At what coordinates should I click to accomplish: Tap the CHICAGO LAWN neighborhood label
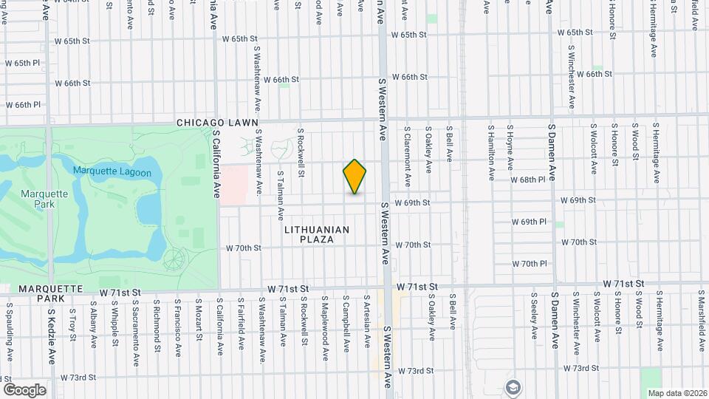point(217,123)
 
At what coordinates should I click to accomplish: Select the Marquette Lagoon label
point(112,173)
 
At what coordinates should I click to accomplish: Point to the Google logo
point(24,390)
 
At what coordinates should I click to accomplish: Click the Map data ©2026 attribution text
point(677,393)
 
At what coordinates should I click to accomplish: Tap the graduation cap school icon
point(513,386)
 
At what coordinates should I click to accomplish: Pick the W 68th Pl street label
point(528,180)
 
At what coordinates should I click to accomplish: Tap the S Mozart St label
point(199,320)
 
